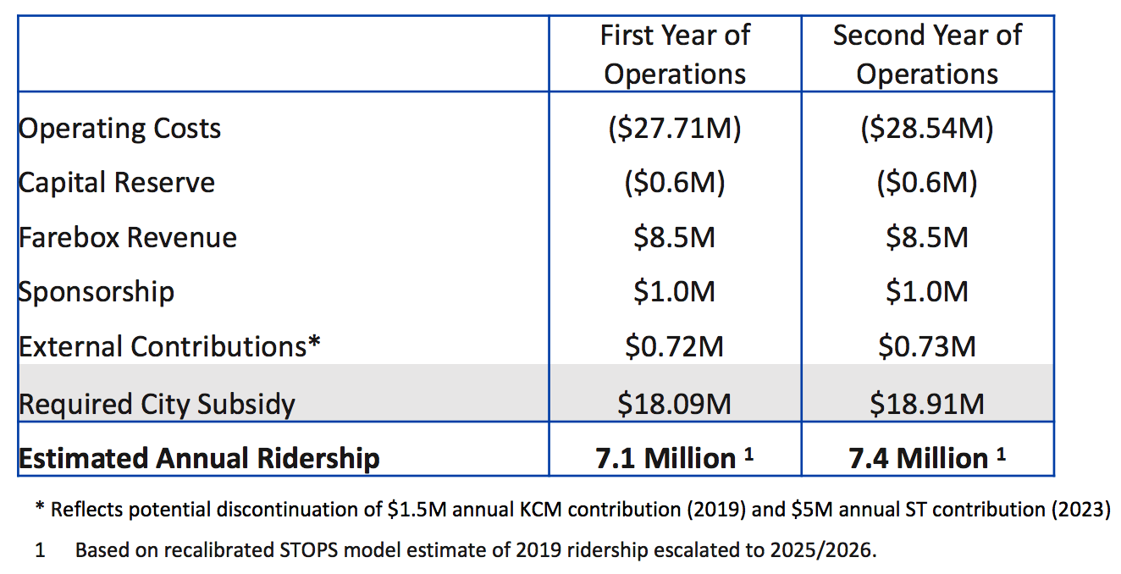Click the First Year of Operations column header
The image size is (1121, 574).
(675, 54)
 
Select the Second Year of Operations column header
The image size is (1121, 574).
(927, 54)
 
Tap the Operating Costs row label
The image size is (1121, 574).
(119, 129)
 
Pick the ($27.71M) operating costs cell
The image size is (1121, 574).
(675, 129)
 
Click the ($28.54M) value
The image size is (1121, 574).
(927, 129)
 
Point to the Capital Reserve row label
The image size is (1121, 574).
(117, 183)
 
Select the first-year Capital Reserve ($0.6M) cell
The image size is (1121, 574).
(675, 183)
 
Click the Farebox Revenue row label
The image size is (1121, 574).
(128, 237)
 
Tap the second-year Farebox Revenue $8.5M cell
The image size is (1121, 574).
(927, 237)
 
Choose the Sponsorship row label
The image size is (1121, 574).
(97, 291)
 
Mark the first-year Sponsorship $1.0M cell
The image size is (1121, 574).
(675, 291)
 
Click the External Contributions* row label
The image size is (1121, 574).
(169, 346)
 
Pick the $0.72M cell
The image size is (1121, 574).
(675, 346)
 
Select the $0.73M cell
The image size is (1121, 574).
(927, 346)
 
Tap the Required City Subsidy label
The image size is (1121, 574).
(157, 404)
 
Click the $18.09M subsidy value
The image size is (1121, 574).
(675, 404)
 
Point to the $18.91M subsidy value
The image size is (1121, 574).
(927, 404)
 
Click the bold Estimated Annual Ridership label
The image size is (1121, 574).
(199, 458)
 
